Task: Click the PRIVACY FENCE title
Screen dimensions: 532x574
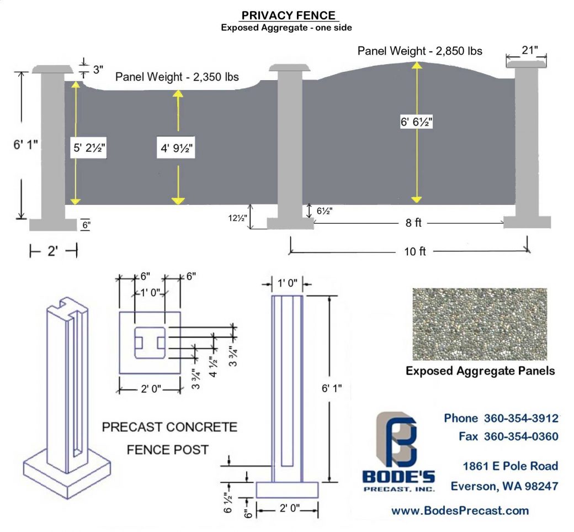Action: point(288,15)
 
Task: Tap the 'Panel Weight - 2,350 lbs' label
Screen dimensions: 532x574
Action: point(177,77)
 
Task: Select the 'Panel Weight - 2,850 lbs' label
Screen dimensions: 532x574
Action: point(420,51)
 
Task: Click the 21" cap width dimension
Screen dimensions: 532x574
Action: point(527,51)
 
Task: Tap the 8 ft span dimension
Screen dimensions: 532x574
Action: point(410,223)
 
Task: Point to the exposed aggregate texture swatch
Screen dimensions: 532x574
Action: point(479,324)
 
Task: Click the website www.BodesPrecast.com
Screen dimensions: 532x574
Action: point(460,510)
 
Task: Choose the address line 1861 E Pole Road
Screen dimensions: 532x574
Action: point(510,466)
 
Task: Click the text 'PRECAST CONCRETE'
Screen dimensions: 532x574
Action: point(169,427)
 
